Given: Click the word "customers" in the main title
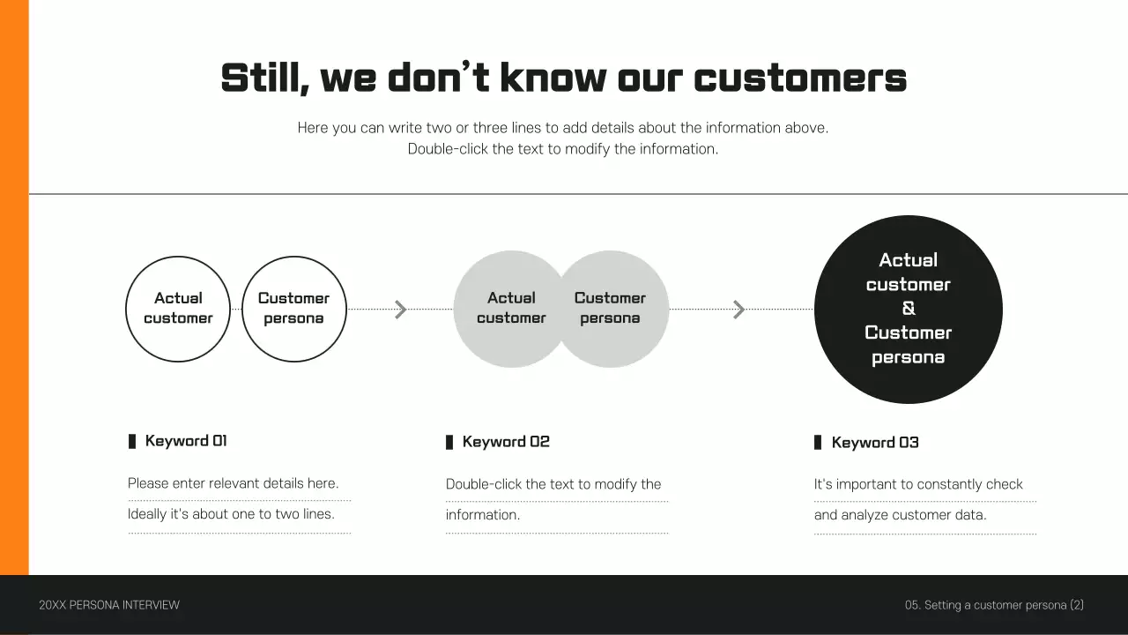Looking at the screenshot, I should [x=800, y=78].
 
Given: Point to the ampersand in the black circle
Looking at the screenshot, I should [x=909, y=309].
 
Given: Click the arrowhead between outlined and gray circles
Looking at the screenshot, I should [x=401, y=310].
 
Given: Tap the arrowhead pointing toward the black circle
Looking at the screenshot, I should [x=739, y=310].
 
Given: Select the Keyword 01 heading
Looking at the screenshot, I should [x=186, y=441].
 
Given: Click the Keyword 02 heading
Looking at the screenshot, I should [x=506, y=442].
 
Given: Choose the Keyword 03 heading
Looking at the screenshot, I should [x=875, y=443].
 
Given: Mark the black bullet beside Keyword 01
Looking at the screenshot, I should [x=132, y=441].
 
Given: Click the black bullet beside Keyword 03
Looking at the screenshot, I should [x=818, y=443].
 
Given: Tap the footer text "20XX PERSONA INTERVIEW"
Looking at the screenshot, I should [x=109, y=605].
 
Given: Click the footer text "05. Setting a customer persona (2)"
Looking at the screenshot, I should [x=994, y=605].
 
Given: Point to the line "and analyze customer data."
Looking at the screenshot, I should [x=900, y=515].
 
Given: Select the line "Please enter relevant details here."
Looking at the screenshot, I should [x=233, y=483].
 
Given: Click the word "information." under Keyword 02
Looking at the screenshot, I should [x=483, y=515].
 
